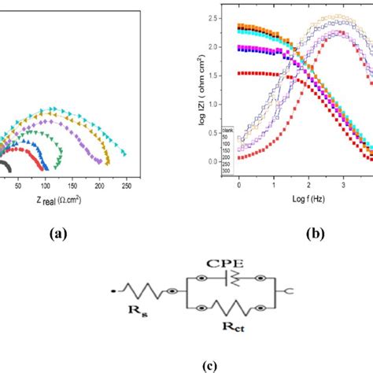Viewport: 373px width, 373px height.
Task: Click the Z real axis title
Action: click(58, 200)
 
